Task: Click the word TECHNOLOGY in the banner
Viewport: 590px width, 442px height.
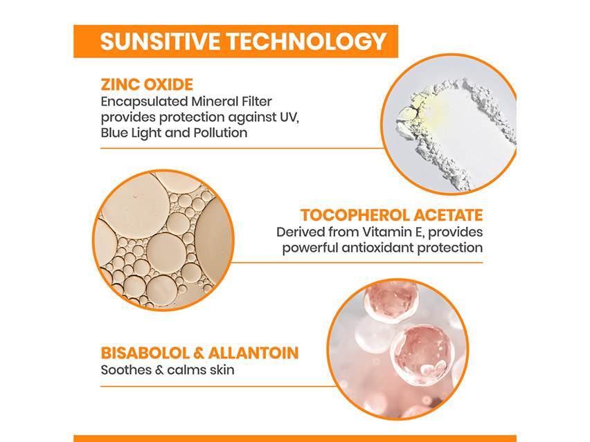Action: point(308,41)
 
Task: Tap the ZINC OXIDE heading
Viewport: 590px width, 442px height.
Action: point(147,85)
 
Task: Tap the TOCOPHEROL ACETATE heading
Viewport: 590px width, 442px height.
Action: point(391,215)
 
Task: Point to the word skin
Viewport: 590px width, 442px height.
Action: point(220,370)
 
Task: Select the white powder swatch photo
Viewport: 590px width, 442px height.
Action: point(450,123)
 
